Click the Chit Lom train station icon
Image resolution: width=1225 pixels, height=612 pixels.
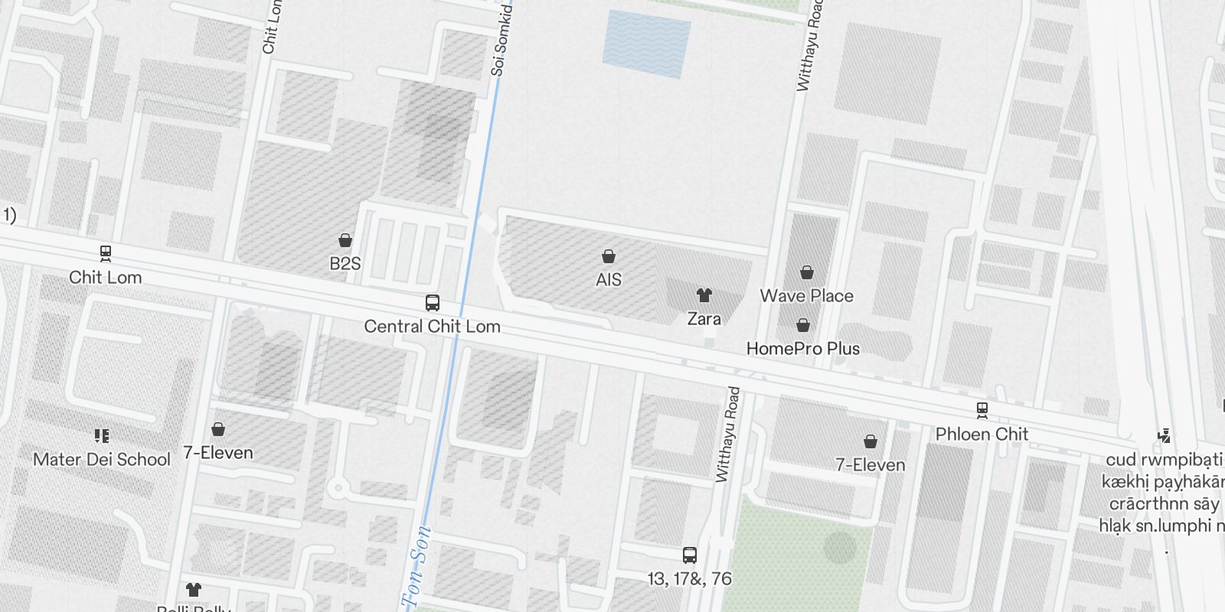[106, 253]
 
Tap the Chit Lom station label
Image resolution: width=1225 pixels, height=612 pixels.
[106, 278]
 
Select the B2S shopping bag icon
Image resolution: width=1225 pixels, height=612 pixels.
[345, 240]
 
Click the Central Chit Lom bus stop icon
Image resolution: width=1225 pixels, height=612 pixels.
[433, 303]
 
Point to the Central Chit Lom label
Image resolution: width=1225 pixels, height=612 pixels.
[433, 327]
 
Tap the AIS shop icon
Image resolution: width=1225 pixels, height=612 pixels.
[609, 256]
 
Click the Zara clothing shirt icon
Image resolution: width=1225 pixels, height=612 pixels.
[704, 295]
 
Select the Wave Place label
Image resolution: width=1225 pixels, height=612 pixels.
[806, 296]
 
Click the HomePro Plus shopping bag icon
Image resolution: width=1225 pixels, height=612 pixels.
[803, 326]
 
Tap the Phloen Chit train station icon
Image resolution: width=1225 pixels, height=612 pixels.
[982, 411]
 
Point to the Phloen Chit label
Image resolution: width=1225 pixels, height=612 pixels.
[982, 435]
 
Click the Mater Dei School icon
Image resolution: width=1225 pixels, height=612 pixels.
[102, 436]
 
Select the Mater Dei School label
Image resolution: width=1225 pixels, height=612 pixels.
[102, 460]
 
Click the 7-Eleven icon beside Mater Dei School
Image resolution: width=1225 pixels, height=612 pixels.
[218, 429]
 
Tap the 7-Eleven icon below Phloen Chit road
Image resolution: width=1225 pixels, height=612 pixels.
[871, 441]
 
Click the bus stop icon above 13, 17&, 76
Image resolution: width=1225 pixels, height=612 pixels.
[690, 555]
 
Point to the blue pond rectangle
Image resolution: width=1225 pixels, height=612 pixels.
[647, 44]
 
